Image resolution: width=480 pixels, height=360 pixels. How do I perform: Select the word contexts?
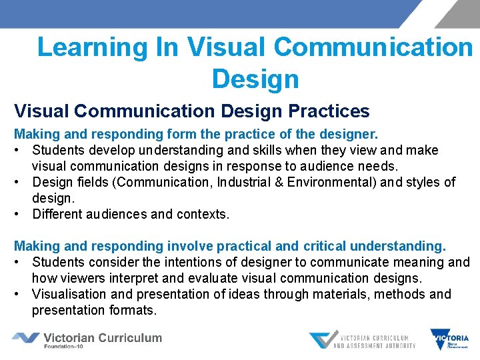203,214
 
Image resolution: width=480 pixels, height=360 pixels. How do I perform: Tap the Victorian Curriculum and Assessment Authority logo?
362,340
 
